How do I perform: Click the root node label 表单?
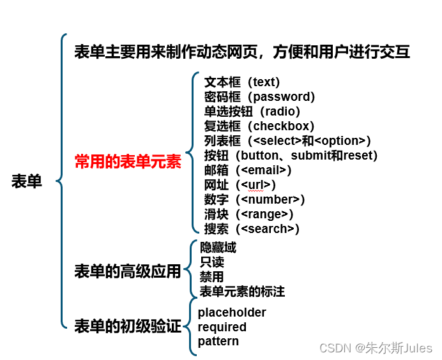click(x=27, y=181)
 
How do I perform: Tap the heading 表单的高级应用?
click(x=128, y=271)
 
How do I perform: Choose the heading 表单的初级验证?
click(x=128, y=327)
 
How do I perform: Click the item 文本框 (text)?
click(x=242, y=82)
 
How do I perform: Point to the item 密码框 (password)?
click(x=259, y=97)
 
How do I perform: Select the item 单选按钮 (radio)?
click(x=252, y=112)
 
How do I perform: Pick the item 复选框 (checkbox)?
click(x=259, y=126)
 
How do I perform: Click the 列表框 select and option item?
click(x=287, y=141)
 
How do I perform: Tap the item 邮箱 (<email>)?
click(x=248, y=170)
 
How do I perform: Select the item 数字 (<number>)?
click(x=254, y=199)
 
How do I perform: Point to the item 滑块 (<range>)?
click(x=248, y=214)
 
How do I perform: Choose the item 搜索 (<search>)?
click(x=252, y=229)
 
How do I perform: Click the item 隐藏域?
click(x=218, y=248)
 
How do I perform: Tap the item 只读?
click(x=211, y=262)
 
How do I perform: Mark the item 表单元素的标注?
click(x=242, y=292)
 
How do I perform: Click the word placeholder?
click(x=232, y=312)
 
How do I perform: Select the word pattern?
click(x=218, y=341)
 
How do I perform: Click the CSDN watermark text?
click(x=376, y=348)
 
